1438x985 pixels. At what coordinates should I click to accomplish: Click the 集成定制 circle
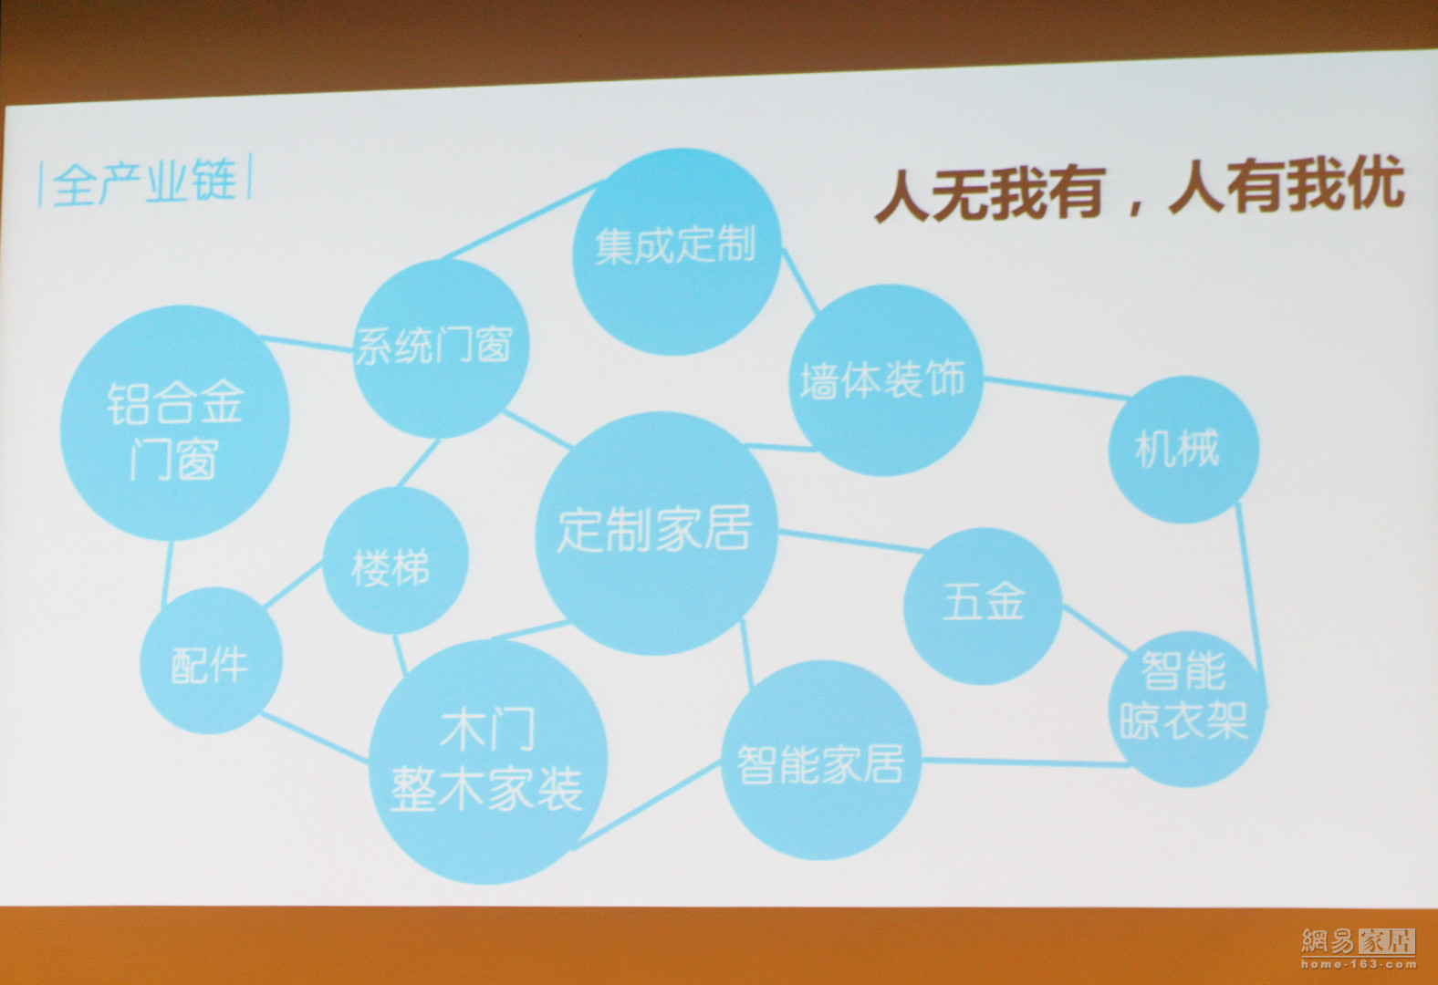tap(677, 252)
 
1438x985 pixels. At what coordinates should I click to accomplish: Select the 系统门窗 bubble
tap(441, 348)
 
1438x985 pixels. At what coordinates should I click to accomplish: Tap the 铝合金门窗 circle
tap(174, 423)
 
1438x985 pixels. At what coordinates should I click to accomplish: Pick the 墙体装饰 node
tap(887, 380)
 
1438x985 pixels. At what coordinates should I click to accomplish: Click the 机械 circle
tap(1183, 450)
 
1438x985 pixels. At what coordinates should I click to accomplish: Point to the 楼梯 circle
tap(395, 560)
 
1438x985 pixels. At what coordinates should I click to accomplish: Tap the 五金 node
tap(983, 606)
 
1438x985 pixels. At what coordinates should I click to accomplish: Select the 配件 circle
tap(211, 660)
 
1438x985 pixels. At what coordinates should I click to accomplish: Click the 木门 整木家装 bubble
tap(488, 762)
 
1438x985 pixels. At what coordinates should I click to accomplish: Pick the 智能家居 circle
tap(822, 760)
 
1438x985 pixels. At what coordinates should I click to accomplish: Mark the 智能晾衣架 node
tap(1187, 709)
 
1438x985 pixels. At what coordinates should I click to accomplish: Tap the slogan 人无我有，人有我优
tap(1141, 190)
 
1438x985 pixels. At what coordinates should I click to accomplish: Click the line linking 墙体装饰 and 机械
tap(1056, 389)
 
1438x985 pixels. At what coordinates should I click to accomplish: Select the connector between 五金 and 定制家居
tap(851, 542)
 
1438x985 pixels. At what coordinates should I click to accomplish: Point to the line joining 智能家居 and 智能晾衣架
tap(1026, 762)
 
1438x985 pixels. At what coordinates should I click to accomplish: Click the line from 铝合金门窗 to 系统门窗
tap(307, 343)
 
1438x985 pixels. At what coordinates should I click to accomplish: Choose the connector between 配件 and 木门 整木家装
tap(315, 737)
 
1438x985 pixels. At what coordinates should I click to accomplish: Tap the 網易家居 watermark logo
tap(1359, 947)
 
